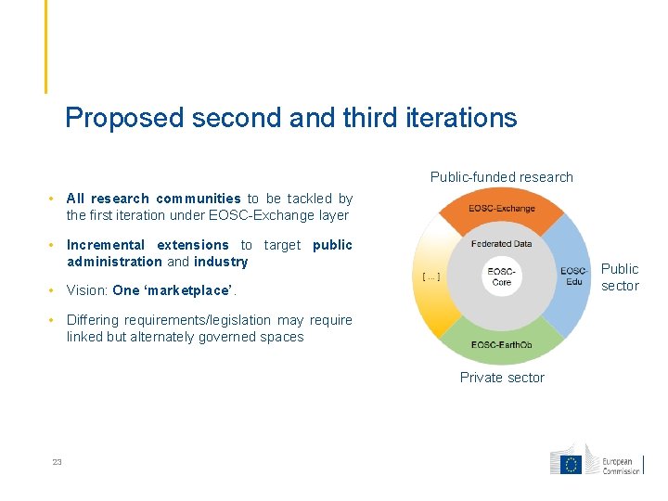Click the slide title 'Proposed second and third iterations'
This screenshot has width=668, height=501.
pos(291,118)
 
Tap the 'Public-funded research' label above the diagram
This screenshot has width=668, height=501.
pos(501,177)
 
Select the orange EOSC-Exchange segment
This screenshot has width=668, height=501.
pos(502,209)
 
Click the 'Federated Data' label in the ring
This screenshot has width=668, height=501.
pos(502,244)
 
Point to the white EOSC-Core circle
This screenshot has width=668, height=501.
pos(502,276)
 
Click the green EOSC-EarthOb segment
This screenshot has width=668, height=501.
pos(502,345)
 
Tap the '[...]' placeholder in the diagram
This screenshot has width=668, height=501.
pos(430,276)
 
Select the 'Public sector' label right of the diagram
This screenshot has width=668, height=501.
pos(620,276)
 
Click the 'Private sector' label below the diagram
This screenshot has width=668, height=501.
pos(502,378)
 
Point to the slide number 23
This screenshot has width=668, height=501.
pos(57,462)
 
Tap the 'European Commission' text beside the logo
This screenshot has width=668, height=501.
pos(622,466)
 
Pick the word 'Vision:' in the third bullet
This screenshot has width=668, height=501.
pos(87,290)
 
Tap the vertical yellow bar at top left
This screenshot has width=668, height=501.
pos(45,46)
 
